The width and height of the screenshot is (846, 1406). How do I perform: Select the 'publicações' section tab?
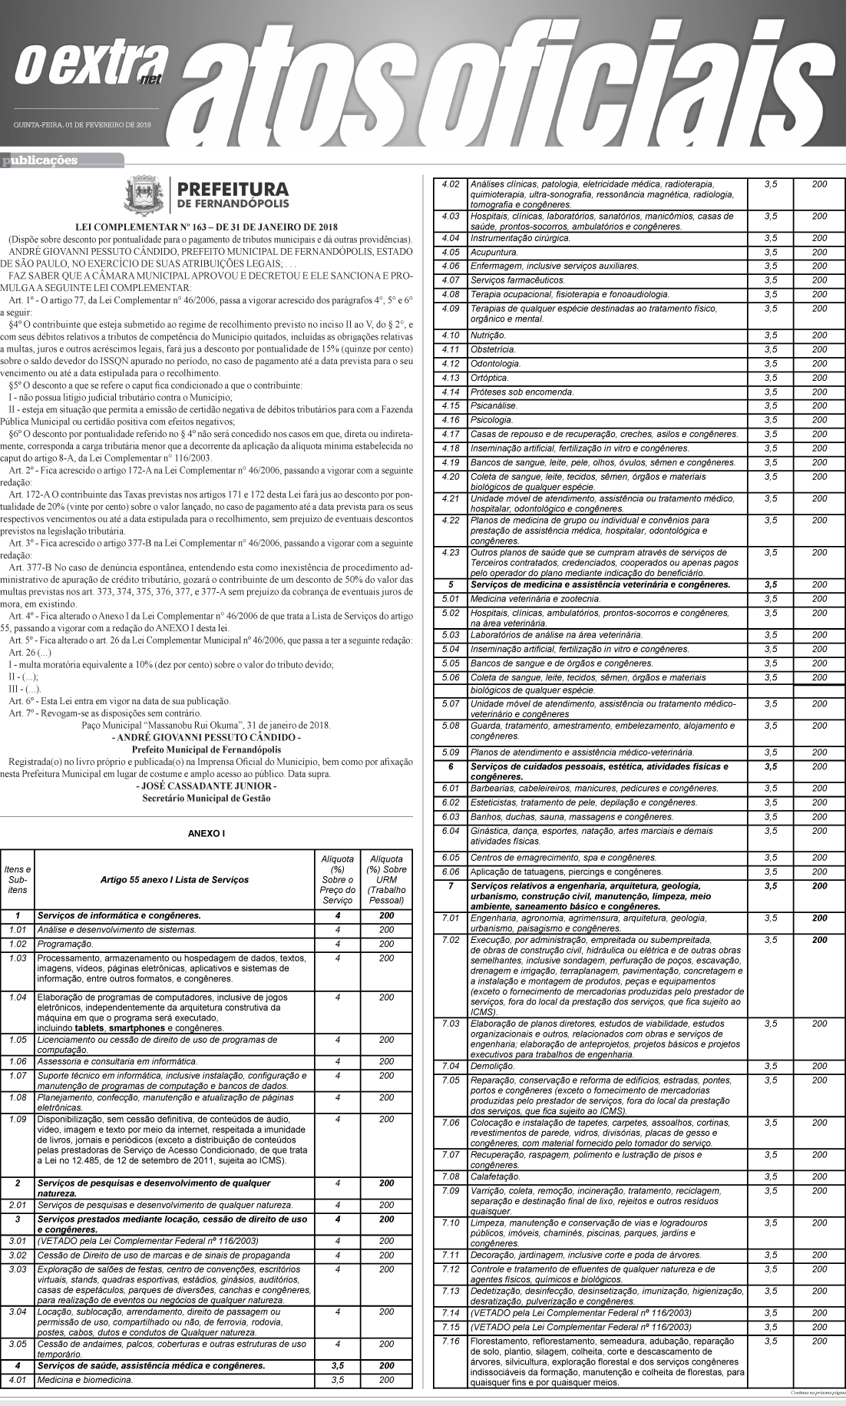(x=42, y=160)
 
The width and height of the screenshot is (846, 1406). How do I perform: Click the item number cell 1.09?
(x=17, y=1119)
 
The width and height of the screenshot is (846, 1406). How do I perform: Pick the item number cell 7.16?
(x=451, y=1341)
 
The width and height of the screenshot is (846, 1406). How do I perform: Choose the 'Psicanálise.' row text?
(x=494, y=405)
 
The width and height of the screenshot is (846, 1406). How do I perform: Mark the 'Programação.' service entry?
(x=64, y=944)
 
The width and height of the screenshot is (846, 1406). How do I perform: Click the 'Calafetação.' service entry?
(x=494, y=1176)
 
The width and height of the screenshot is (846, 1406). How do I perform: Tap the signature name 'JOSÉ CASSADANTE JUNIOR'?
(x=206, y=786)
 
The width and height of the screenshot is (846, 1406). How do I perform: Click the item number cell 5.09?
(x=451, y=752)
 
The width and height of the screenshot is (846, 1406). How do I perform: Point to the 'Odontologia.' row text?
(x=495, y=363)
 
